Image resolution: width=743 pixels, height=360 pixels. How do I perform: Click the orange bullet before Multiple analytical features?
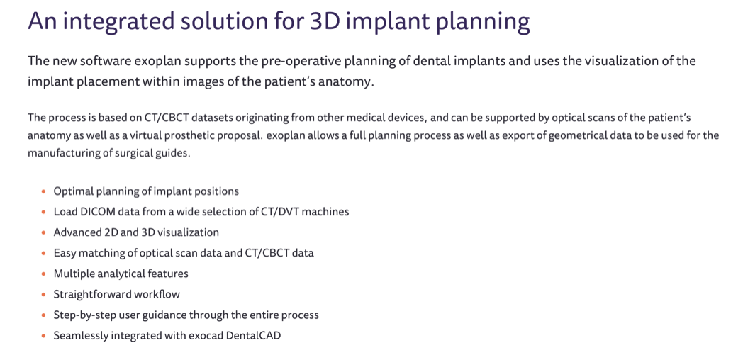tap(43, 274)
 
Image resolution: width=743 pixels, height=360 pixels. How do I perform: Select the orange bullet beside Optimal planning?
tap(43, 192)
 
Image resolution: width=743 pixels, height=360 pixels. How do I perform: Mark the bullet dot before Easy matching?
tap(43, 254)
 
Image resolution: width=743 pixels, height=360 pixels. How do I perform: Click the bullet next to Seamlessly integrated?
tap(43, 337)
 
